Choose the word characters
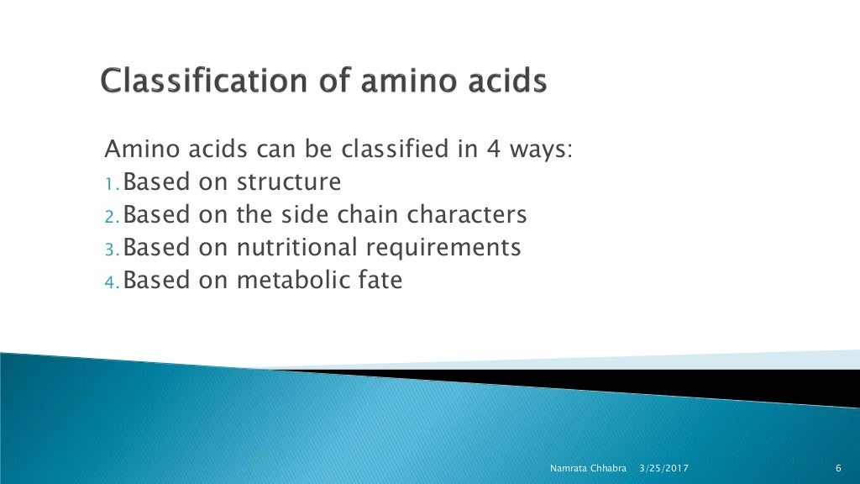(467, 215)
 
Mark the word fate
(382, 280)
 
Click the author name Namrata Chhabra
(588, 467)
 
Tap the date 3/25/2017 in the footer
(664, 467)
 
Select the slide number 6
(839, 467)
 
